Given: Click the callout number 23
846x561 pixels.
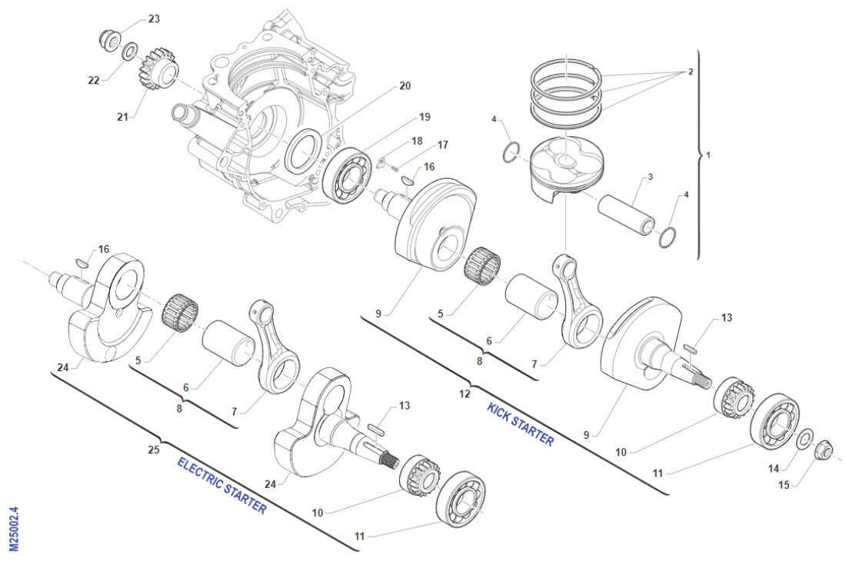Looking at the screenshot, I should click(154, 19).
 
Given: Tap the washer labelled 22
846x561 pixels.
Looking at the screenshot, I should click(132, 51).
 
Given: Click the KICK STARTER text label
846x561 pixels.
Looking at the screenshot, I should click(520, 423).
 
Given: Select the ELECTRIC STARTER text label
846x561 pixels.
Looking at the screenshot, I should click(221, 486).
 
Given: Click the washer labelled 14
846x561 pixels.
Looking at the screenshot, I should click(801, 439).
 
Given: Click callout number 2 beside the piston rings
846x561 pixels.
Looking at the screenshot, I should click(690, 71).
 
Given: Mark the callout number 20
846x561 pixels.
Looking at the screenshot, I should click(405, 86).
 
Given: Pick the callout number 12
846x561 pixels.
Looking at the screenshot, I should click(464, 394).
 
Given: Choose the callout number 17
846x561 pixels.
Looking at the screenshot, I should click(442, 144).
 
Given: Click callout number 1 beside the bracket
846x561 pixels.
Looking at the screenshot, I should click(708, 154).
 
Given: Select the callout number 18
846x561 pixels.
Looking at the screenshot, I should click(417, 141).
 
